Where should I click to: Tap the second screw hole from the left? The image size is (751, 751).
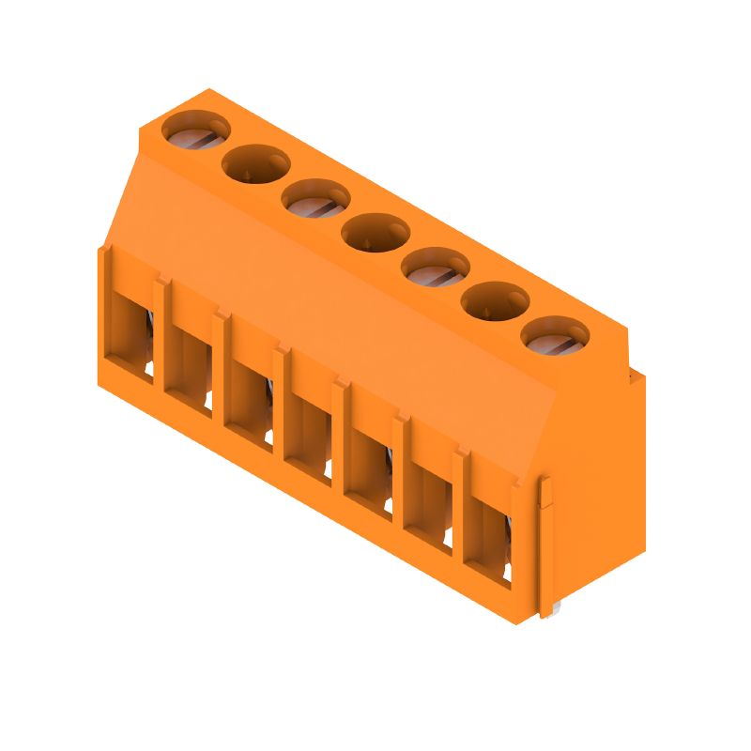coord(255,163)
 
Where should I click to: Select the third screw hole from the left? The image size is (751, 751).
coord(315,198)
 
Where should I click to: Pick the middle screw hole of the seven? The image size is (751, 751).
coord(375,232)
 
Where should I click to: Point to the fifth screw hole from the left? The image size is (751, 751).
coord(435,267)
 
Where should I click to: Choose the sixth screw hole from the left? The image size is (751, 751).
coord(495,300)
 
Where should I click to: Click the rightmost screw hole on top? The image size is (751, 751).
coord(554,335)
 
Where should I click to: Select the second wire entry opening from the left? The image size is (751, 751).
coord(189,370)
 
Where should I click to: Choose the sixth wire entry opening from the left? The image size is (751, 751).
coord(427,505)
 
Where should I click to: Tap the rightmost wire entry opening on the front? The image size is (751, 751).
coord(487,540)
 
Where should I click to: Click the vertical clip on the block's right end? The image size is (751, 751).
coord(545,544)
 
